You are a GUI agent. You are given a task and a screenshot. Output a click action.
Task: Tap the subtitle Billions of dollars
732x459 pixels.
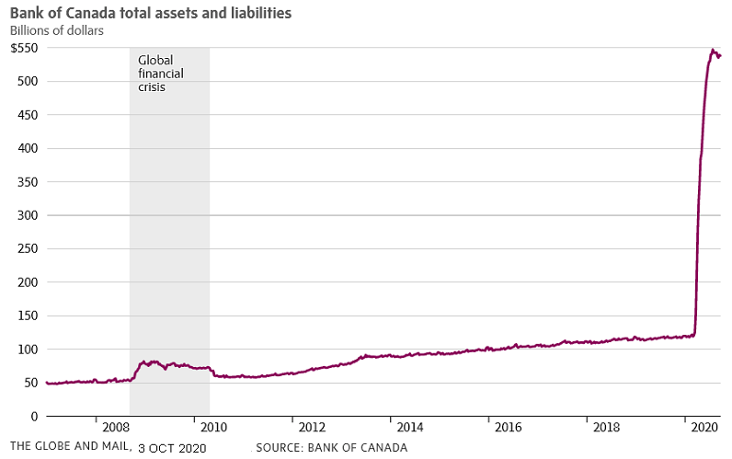(56, 30)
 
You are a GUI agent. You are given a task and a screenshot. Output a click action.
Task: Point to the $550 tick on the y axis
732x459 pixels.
(25, 48)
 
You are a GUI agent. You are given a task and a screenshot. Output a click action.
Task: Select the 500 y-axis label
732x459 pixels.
(28, 81)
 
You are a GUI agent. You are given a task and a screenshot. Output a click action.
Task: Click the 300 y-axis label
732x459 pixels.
(28, 215)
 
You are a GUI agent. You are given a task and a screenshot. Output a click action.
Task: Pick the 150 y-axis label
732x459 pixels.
(28, 316)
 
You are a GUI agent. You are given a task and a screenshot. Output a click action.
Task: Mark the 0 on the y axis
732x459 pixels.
(35, 416)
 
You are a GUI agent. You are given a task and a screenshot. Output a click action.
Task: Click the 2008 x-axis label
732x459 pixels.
(116, 428)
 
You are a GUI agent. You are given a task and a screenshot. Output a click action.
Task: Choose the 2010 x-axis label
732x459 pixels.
(213, 428)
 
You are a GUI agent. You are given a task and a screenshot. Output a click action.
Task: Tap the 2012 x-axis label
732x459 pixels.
(312, 428)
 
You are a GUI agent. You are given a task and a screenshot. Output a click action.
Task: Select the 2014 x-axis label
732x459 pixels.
(409, 428)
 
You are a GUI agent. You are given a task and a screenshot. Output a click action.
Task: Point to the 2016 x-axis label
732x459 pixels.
(508, 428)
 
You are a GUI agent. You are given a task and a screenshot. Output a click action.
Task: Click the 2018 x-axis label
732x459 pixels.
(606, 428)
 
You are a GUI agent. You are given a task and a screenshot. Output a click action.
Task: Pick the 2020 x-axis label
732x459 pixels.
(703, 428)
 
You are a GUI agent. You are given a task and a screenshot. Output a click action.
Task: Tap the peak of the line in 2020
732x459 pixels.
(713, 50)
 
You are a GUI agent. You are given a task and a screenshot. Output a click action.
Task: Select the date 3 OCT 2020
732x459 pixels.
(172, 448)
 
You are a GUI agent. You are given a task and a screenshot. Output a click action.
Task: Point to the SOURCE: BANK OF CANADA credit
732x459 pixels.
(332, 448)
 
